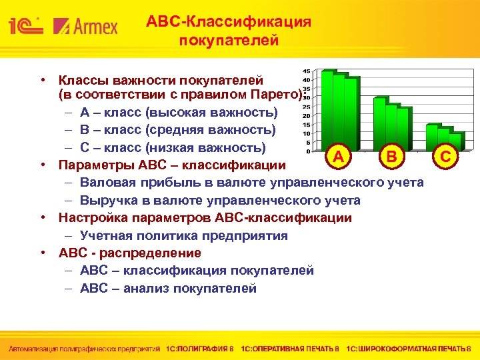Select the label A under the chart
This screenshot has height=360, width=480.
point(339,157)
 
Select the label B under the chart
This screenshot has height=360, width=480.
point(391,157)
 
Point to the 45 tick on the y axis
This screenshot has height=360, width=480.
point(305,71)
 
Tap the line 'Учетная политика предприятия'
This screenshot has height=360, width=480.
point(184,235)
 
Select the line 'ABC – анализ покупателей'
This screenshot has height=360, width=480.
point(168,288)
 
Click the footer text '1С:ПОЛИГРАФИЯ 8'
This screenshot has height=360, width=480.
point(200,349)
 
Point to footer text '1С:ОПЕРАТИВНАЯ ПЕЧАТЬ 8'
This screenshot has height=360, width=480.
point(290,349)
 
